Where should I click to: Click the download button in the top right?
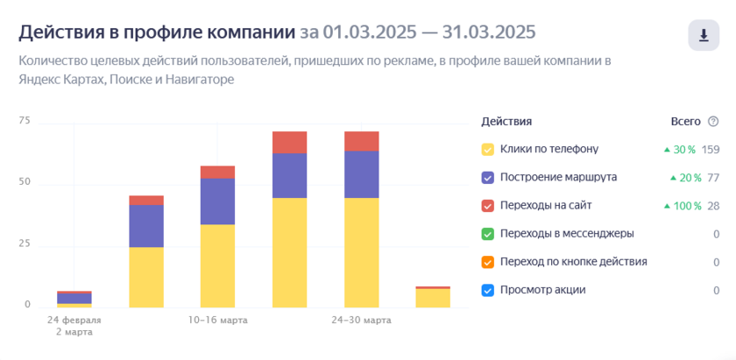(x=703, y=35)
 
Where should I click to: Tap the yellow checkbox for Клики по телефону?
(x=488, y=149)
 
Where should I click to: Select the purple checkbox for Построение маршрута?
(x=488, y=177)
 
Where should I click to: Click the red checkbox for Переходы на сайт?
(x=488, y=205)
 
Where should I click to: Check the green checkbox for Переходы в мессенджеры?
(x=488, y=234)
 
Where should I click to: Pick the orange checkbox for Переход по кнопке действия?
(x=488, y=262)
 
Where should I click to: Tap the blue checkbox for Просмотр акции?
(x=488, y=290)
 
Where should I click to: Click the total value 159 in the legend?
(x=710, y=149)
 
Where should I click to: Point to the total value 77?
(x=713, y=177)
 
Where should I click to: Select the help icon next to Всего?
(x=713, y=122)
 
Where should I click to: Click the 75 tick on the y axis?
(x=25, y=121)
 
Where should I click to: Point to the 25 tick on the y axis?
(x=25, y=244)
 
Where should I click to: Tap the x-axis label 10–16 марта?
(x=217, y=321)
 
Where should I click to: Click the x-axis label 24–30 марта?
(x=361, y=321)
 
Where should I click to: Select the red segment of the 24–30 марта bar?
(x=361, y=141)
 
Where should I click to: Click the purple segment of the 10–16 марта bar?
(x=217, y=201)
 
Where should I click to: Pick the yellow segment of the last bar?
(x=433, y=298)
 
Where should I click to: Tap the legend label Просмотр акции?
(x=542, y=290)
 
